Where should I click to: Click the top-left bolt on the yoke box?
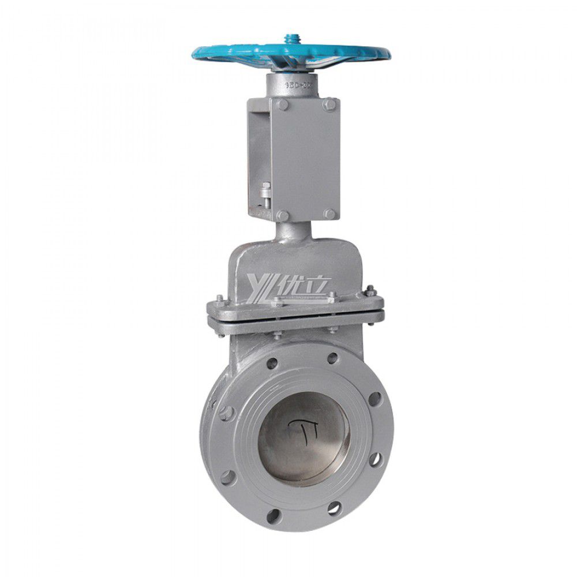[282, 105]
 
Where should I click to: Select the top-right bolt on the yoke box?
[329, 104]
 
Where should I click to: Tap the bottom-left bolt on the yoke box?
[282, 215]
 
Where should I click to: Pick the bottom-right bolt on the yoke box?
[329, 214]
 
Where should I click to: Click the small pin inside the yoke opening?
[265, 190]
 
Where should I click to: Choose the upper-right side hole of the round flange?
[375, 399]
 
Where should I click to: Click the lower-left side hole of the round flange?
[228, 477]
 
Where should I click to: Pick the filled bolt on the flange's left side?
[226, 413]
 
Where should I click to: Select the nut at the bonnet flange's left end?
[220, 299]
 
